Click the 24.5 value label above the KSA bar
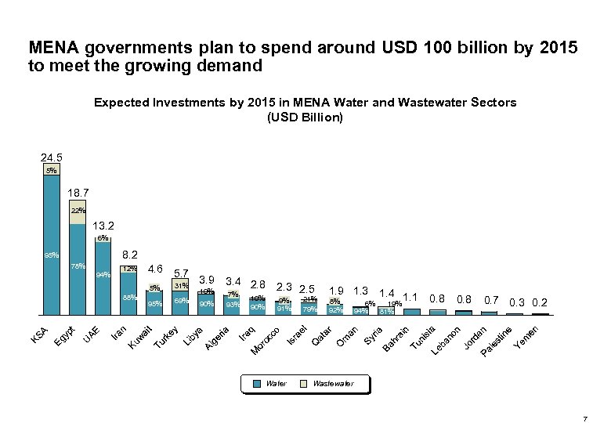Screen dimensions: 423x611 click(x=52, y=157)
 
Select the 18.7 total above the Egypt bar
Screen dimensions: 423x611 click(x=78, y=193)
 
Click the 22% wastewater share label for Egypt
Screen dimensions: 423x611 click(x=78, y=211)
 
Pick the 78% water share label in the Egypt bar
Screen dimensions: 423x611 click(x=78, y=266)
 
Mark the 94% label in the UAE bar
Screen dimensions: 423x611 click(x=103, y=275)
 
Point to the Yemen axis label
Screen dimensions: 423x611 click(x=525, y=338)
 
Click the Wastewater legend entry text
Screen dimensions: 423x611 click(x=333, y=384)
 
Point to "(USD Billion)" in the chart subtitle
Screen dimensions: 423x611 click(x=305, y=117)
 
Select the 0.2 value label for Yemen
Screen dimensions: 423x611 click(x=540, y=302)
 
